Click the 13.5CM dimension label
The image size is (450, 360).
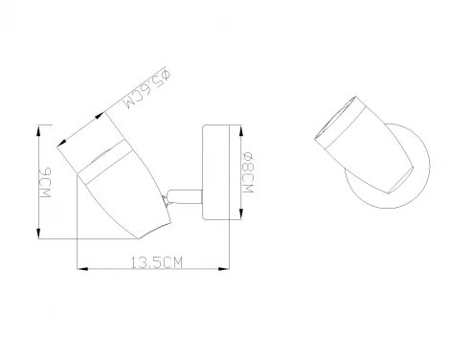point(157,262)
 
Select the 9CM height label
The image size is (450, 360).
point(44,182)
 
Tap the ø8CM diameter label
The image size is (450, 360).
point(247,173)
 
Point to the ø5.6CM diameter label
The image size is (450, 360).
point(147,89)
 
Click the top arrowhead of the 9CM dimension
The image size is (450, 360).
point(39,130)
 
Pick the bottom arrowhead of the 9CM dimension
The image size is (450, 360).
point(39,234)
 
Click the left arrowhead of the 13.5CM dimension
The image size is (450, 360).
point(82,269)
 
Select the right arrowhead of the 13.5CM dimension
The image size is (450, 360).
point(224,269)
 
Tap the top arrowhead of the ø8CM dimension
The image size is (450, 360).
point(241,130)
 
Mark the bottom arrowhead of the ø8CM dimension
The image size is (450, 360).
point(241,214)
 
